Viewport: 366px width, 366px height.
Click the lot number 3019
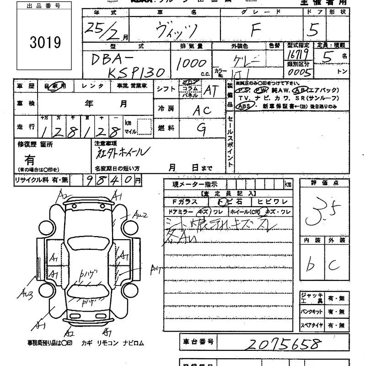45,42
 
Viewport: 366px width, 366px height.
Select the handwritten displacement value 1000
191,63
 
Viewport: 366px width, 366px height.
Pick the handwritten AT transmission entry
210,90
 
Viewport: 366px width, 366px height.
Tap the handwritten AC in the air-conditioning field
201,110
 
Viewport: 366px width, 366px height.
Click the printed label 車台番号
198,341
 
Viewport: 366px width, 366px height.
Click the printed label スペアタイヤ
312,325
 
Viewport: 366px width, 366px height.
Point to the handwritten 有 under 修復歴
30,160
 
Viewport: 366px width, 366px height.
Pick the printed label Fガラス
184,202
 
